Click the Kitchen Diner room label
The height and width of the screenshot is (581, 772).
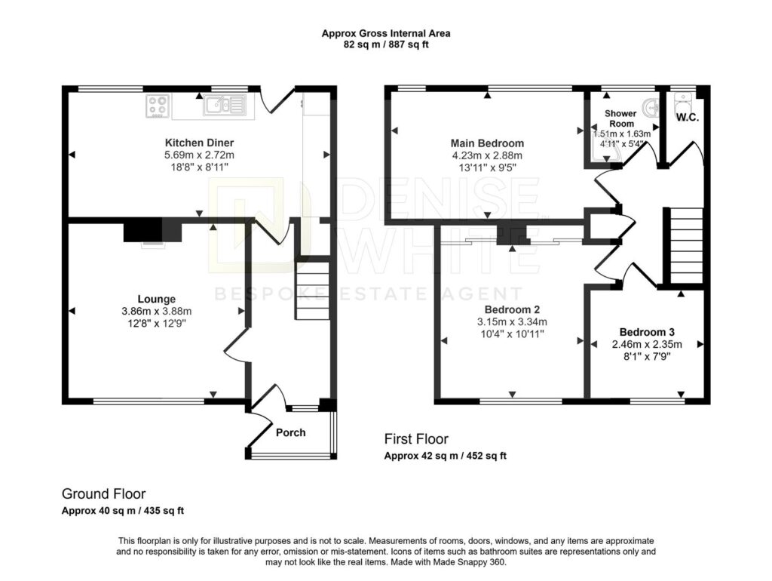pyautogui.click(x=199, y=143)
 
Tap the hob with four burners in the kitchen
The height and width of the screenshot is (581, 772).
pyautogui.click(x=158, y=106)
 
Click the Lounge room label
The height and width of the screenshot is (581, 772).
pyautogui.click(x=157, y=299)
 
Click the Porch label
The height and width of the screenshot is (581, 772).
pyautogui.click(x=290, y=432)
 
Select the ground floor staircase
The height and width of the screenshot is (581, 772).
pyautogui.click(x=312, y=291)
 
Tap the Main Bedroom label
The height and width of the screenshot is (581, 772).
pyautogui.click(x=488, y=143)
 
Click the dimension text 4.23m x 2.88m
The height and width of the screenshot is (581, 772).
pyautogui.click(x=488, y=155)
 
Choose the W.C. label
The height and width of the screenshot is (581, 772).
pyautogui.click(x=688, y=118)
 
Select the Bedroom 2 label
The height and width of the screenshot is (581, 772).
pyautogui.click(x=512, y=310)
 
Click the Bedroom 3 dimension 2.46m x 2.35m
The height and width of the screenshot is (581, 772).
pyautogui.click(x=647, y=345)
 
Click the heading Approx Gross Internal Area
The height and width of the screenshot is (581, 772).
pyautogui.click(x=386, y=33)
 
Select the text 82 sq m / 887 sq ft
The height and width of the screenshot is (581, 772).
pyautogui.click(x=386, y=45)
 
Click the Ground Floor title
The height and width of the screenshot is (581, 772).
pyautogui.click(x=103, y=493)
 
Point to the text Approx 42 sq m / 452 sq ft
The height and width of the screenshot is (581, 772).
pyautogui.click(x=445, y=456)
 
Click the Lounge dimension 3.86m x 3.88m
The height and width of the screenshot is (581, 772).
pyautogui.click(x=157, y=312)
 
